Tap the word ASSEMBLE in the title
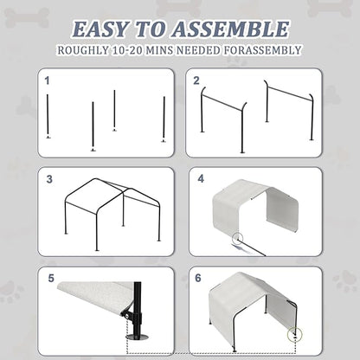232,29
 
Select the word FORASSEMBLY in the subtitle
258,50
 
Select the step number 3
49,180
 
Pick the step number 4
201,180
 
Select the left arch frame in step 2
223,117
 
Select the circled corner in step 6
299,333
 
